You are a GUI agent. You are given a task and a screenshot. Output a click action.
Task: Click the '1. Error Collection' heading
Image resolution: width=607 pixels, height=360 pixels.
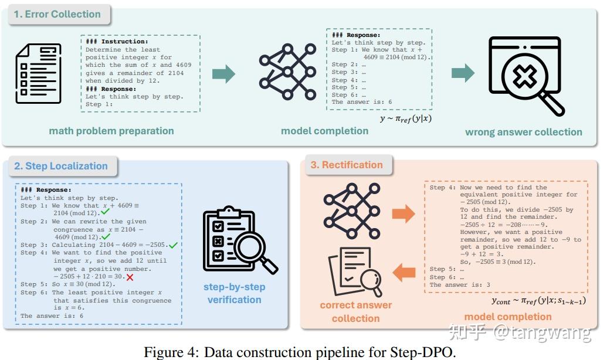tap(57, 14)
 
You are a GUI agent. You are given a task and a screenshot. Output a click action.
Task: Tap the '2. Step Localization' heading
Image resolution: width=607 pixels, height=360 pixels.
tap(61, 166)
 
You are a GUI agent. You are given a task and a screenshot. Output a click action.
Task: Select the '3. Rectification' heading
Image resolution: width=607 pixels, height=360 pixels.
tap(347, 165)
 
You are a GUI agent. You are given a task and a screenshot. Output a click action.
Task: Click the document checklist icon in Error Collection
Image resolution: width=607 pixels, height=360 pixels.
tap(38, 73)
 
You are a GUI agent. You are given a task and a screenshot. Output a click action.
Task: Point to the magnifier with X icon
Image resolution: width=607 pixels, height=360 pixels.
tap(526, 76)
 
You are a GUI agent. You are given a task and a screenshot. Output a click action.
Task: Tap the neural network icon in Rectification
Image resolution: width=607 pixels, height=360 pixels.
tap(352, 211)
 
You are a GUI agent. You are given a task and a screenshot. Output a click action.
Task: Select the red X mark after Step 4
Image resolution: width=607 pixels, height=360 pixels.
tap(130, 277)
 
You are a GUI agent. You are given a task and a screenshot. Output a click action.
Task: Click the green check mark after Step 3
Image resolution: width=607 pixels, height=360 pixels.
tap(173, 245)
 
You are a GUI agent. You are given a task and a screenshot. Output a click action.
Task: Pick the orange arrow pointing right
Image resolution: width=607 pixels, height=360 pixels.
tap(403, 213)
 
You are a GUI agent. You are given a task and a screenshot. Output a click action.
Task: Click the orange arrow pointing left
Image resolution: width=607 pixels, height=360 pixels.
tap(403, 272)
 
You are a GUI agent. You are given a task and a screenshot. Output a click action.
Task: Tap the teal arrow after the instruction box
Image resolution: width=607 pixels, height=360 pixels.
tap(224, 73)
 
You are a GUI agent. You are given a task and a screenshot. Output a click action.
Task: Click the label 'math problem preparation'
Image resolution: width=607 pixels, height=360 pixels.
tap(111, 131)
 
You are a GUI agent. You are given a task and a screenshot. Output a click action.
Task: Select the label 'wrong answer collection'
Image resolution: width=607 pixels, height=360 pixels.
tap(524, 133)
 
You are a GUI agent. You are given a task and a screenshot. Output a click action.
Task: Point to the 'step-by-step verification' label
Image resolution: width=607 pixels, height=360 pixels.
tap(234, 293)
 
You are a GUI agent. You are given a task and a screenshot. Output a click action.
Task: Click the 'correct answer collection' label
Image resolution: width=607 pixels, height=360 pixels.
tap(356, 311)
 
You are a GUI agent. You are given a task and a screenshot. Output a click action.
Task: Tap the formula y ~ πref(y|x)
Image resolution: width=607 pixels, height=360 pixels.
tap(406, 118)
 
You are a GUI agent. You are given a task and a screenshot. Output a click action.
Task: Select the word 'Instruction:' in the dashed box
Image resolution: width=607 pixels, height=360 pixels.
tap(125, 42)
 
